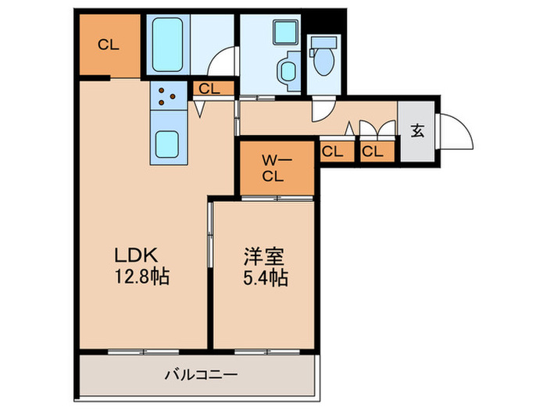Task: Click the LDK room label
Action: click(x=138, y=255)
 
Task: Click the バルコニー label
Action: click(x=200, y=375)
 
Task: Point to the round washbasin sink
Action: click(x=286, y=73)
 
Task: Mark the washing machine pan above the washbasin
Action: click(x=281, y=32)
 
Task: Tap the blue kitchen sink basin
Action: click(x=168, y=144)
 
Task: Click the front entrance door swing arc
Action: click(x=457, y=129)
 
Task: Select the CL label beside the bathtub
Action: click(x=109, y=45)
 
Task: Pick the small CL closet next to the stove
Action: click(x=209, y=88)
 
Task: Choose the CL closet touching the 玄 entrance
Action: click(x=373, y=152)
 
